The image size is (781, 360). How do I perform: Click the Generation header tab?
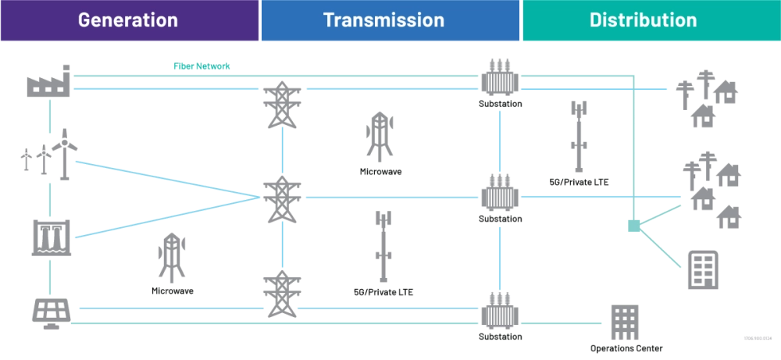(x=128, y=20)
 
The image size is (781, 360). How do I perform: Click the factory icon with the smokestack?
(x=49, y=82)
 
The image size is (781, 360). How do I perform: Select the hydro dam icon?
(x=53, y=237)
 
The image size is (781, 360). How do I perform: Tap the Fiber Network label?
(x=201, y=66)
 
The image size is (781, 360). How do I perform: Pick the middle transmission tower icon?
(x=279, y=199)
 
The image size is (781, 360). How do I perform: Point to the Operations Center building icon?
(x=626, y=321)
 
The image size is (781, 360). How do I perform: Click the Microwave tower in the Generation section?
(x=172, y=258)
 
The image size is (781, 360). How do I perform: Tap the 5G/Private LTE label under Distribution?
(x=580, y=182)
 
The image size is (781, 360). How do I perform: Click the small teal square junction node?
(x=632, y=226)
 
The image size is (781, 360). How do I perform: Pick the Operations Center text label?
(x=629, y=348)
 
